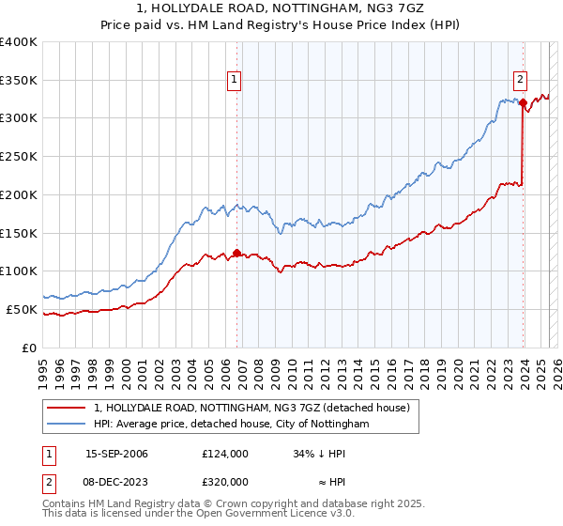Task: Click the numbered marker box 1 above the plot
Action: (x=234, y=80)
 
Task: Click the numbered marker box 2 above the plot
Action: (x=520, y=80)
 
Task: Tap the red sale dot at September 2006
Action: (x=236, y=252)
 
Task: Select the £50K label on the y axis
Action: (x=22, y=309)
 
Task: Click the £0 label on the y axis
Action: (x=30, y=348)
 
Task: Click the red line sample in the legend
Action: (x=67, y=409)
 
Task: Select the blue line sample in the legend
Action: (x=67, y=425)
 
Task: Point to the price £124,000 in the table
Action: (x=224, y=454)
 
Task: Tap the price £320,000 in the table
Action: (x=224, y=481)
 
